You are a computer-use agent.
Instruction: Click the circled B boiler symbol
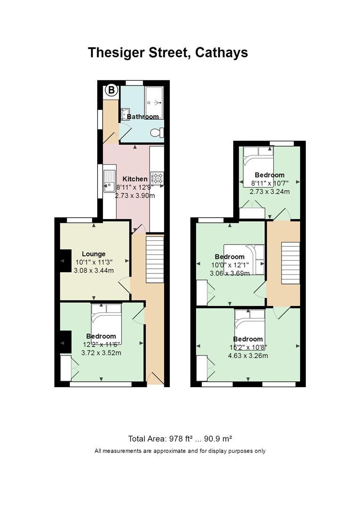pos(111,90)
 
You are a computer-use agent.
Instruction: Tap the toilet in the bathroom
pos(158,133)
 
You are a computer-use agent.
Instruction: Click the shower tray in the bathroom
pos(154,102)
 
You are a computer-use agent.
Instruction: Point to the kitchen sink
pos(109,181)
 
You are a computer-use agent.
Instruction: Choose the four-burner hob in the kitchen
pos(157,178)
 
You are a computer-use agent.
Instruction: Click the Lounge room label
pos(93,254)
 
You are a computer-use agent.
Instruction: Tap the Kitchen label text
pos(135,179)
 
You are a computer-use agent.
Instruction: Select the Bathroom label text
pos(143,117)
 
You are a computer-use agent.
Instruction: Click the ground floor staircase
pos(155,260)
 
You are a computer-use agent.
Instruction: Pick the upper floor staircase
pos(290,263)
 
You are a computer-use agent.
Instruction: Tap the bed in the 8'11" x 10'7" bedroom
pos(258,167)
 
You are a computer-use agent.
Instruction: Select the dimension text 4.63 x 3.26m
pos(248,356)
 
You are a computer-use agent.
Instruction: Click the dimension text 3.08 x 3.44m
pos(94,270)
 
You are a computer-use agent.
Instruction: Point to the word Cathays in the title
pos(221,53)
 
